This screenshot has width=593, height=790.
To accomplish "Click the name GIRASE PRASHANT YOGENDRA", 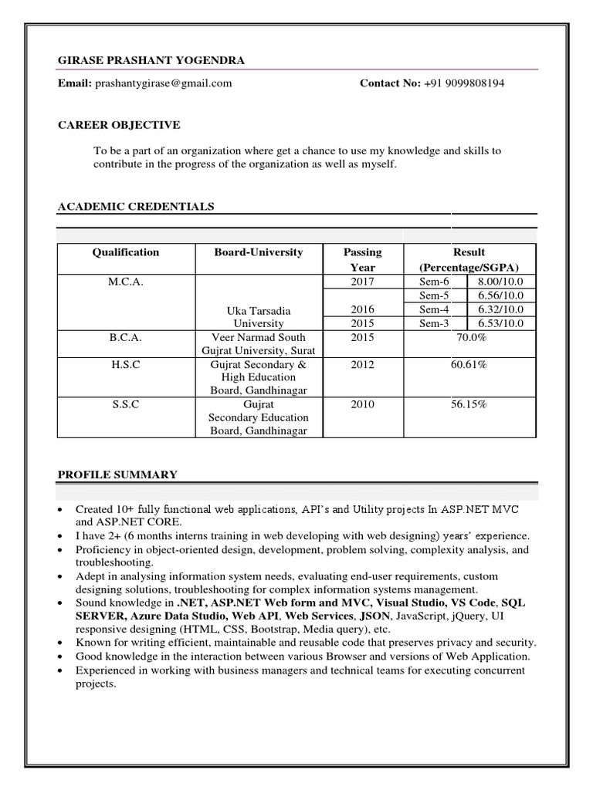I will click(151, 61).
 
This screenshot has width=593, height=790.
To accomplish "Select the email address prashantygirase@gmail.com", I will click(162, 83).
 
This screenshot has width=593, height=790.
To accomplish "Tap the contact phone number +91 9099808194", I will click(463, 83).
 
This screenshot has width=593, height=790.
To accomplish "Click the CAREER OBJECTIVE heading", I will click(119, 125).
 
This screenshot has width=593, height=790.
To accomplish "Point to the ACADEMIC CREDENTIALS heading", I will click(136, 207).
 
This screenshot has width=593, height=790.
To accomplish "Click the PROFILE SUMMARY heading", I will click(117, 474).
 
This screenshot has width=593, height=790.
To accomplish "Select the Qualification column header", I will click(126, 252).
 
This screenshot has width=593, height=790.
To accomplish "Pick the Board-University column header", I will click(259, 252).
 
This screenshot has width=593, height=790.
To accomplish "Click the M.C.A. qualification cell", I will click(126, 282).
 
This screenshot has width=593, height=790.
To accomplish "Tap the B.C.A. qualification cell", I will click(126, 337).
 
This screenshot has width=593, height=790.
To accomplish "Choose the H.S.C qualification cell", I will click(126, 364).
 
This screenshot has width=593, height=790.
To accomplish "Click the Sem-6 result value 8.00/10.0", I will click(500, 282).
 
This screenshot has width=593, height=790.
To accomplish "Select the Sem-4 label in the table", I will click(433, 309).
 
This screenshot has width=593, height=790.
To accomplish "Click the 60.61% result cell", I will click(469, 364).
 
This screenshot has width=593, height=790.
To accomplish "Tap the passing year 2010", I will click(362, 404).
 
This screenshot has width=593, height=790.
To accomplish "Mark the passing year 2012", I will click(362, 364).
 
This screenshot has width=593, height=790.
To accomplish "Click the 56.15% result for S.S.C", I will click(469, 404).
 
